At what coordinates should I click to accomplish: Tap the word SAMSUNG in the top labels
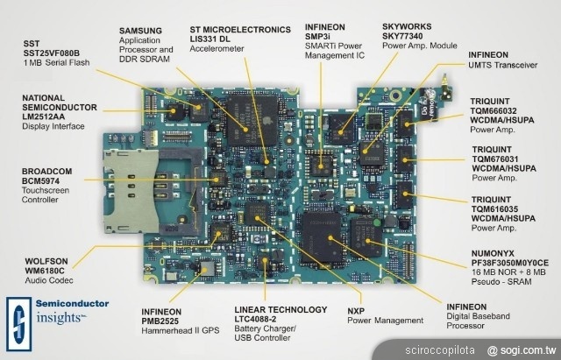(x=140, y=30)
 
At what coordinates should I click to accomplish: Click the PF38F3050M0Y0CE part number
(x=510, y=262)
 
